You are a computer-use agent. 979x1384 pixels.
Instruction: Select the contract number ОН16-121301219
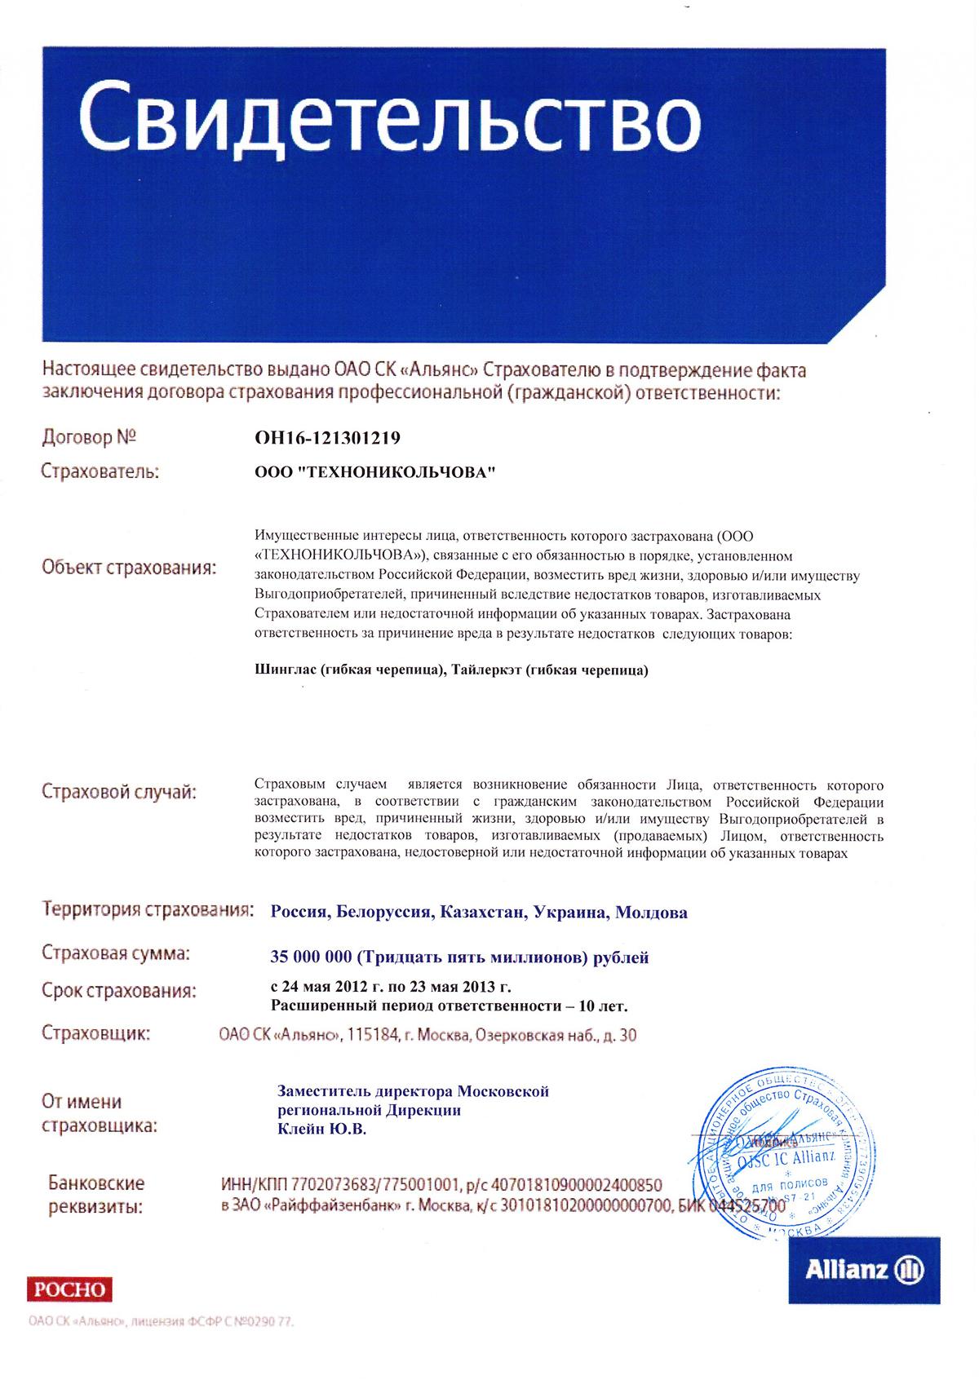[x=328, y=439]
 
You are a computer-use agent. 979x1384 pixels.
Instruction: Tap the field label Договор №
[x=88, y=438]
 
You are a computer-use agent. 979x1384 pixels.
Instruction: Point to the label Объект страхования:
[x=130, y=568]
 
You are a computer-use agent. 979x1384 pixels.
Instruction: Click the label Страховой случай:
[x=119, y=792]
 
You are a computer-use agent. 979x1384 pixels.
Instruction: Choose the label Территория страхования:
[x=147, y=909]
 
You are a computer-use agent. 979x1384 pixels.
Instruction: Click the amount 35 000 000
[x=311, y=957]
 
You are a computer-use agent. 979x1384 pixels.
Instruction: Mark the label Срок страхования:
[x=119, y=992]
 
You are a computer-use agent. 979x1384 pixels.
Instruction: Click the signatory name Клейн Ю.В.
[x=322, y=1130]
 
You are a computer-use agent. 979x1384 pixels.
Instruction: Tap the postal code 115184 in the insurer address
[x=371, y=1036]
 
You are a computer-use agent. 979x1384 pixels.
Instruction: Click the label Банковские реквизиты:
[x=96, y=1195]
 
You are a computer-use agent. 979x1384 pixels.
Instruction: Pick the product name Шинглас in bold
[x=285, y=670]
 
